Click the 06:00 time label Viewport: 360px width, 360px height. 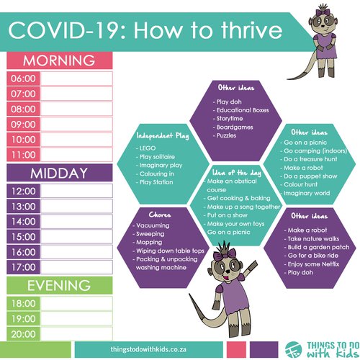[23, 78]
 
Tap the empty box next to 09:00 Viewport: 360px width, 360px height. [76, 125]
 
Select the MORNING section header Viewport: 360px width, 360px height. [59, 60]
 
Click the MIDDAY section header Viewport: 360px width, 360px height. [59, 173]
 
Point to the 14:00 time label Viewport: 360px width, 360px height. [24, 221]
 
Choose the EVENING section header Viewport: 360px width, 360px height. [59, 285]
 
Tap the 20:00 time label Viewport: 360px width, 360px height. [23, 334]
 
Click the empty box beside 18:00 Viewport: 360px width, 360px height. [76, 304]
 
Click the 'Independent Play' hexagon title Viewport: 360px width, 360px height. [163, 136]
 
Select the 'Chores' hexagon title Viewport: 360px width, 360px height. [160, 215]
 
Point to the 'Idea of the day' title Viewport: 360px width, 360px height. [237, 173]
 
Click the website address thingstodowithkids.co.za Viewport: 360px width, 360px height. [148, 349]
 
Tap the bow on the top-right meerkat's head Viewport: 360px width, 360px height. [322, 12]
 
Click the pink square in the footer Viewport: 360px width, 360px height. [236, 349]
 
